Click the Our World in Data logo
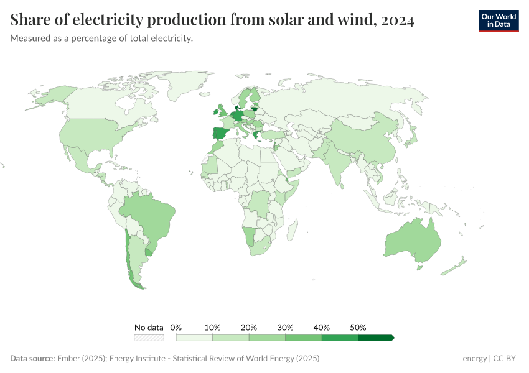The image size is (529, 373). click(x=498, y=21)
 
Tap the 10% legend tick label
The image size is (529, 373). click(x=213, y=327)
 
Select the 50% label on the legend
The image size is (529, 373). click(x=358, y=327)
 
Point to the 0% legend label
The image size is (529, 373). click(x=176, y=327)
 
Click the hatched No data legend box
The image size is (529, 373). click(x=149, y=338)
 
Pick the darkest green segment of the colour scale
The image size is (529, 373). click(x=375, y=338)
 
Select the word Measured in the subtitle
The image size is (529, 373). click(x=29, y=39)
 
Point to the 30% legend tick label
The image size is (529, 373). click(x=285, y=327)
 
